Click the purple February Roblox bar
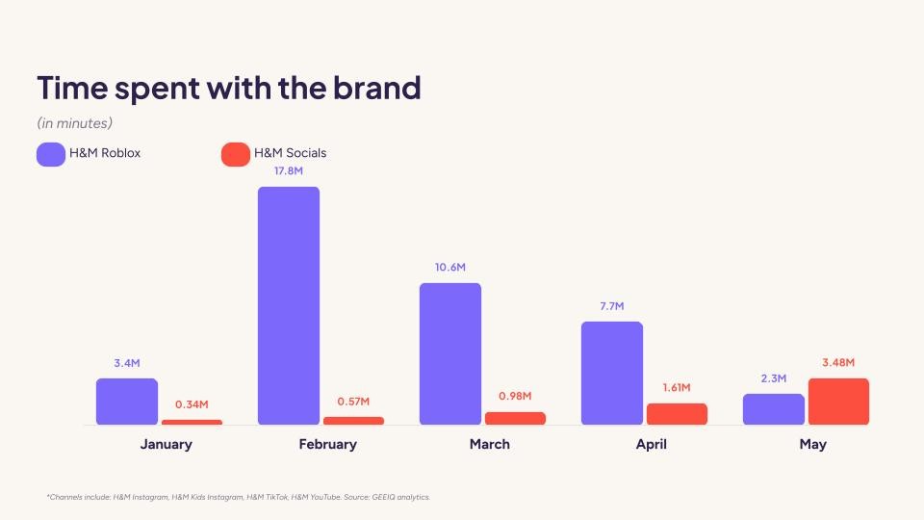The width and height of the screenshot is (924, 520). point(288,305)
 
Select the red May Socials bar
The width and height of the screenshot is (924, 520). point(838,402)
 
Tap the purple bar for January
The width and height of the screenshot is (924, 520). point(126,402)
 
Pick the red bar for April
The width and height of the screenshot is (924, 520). point(677,414)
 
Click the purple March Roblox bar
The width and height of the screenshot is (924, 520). point(449,353)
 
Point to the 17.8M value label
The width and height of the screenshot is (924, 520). point(288,171)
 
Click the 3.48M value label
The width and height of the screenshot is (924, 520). point(838,362)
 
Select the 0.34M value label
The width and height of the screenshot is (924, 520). point(192,404)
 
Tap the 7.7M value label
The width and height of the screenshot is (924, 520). point(611,305)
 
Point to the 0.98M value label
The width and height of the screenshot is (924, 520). point(515,396)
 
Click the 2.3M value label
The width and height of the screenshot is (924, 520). point(773,377)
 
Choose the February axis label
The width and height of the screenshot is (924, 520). point(327,444)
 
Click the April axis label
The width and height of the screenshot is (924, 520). point(651,444)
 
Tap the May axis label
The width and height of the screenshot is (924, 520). point(812,444)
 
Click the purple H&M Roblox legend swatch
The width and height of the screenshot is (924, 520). point(51,153)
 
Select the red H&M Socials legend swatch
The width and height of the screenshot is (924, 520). point(236,153)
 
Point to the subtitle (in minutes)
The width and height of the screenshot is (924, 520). point(75,123)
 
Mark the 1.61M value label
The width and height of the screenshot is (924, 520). point(677,387)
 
